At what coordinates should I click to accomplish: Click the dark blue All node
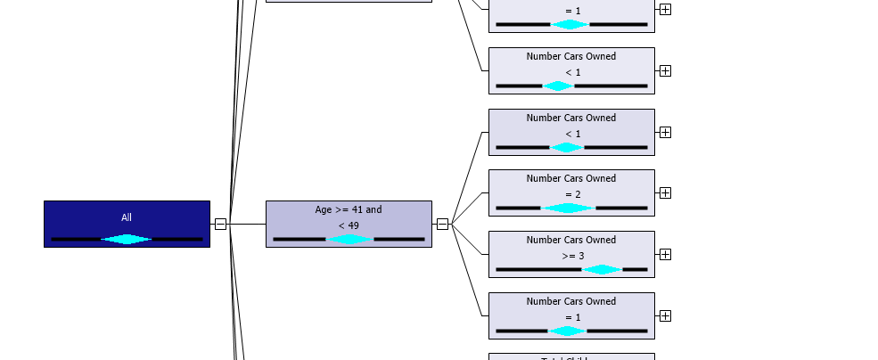tap(127, 224)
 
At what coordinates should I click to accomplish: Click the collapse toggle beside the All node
tap(220, 224)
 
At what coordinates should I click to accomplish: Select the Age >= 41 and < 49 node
tap(349, 224)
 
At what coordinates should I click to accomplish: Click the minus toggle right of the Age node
tap(442, 224)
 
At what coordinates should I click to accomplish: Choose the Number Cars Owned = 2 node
tap(571, 192)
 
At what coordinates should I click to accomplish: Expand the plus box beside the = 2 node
tap(665, 192)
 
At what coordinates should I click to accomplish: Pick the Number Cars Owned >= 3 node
tap(571, 254)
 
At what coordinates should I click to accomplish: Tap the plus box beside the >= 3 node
tap(665, 254)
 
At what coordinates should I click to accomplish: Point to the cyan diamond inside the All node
tap(127, 239)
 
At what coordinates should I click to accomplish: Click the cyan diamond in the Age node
tap(349, 239)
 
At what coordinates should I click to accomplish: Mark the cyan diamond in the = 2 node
tap(568, 208)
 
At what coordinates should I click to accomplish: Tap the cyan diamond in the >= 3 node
tap(602, 269)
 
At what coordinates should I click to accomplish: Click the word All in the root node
tap(127, 217)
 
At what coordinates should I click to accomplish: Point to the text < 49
tap(349, 225)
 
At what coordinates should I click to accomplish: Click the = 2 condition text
tap(571, 194)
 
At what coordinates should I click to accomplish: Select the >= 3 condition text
tap(571, 256)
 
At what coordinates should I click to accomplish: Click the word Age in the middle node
tap(324, 210)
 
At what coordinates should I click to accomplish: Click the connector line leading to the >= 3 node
tap(471, 239)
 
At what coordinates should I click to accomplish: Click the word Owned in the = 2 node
tap(601, 178)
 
